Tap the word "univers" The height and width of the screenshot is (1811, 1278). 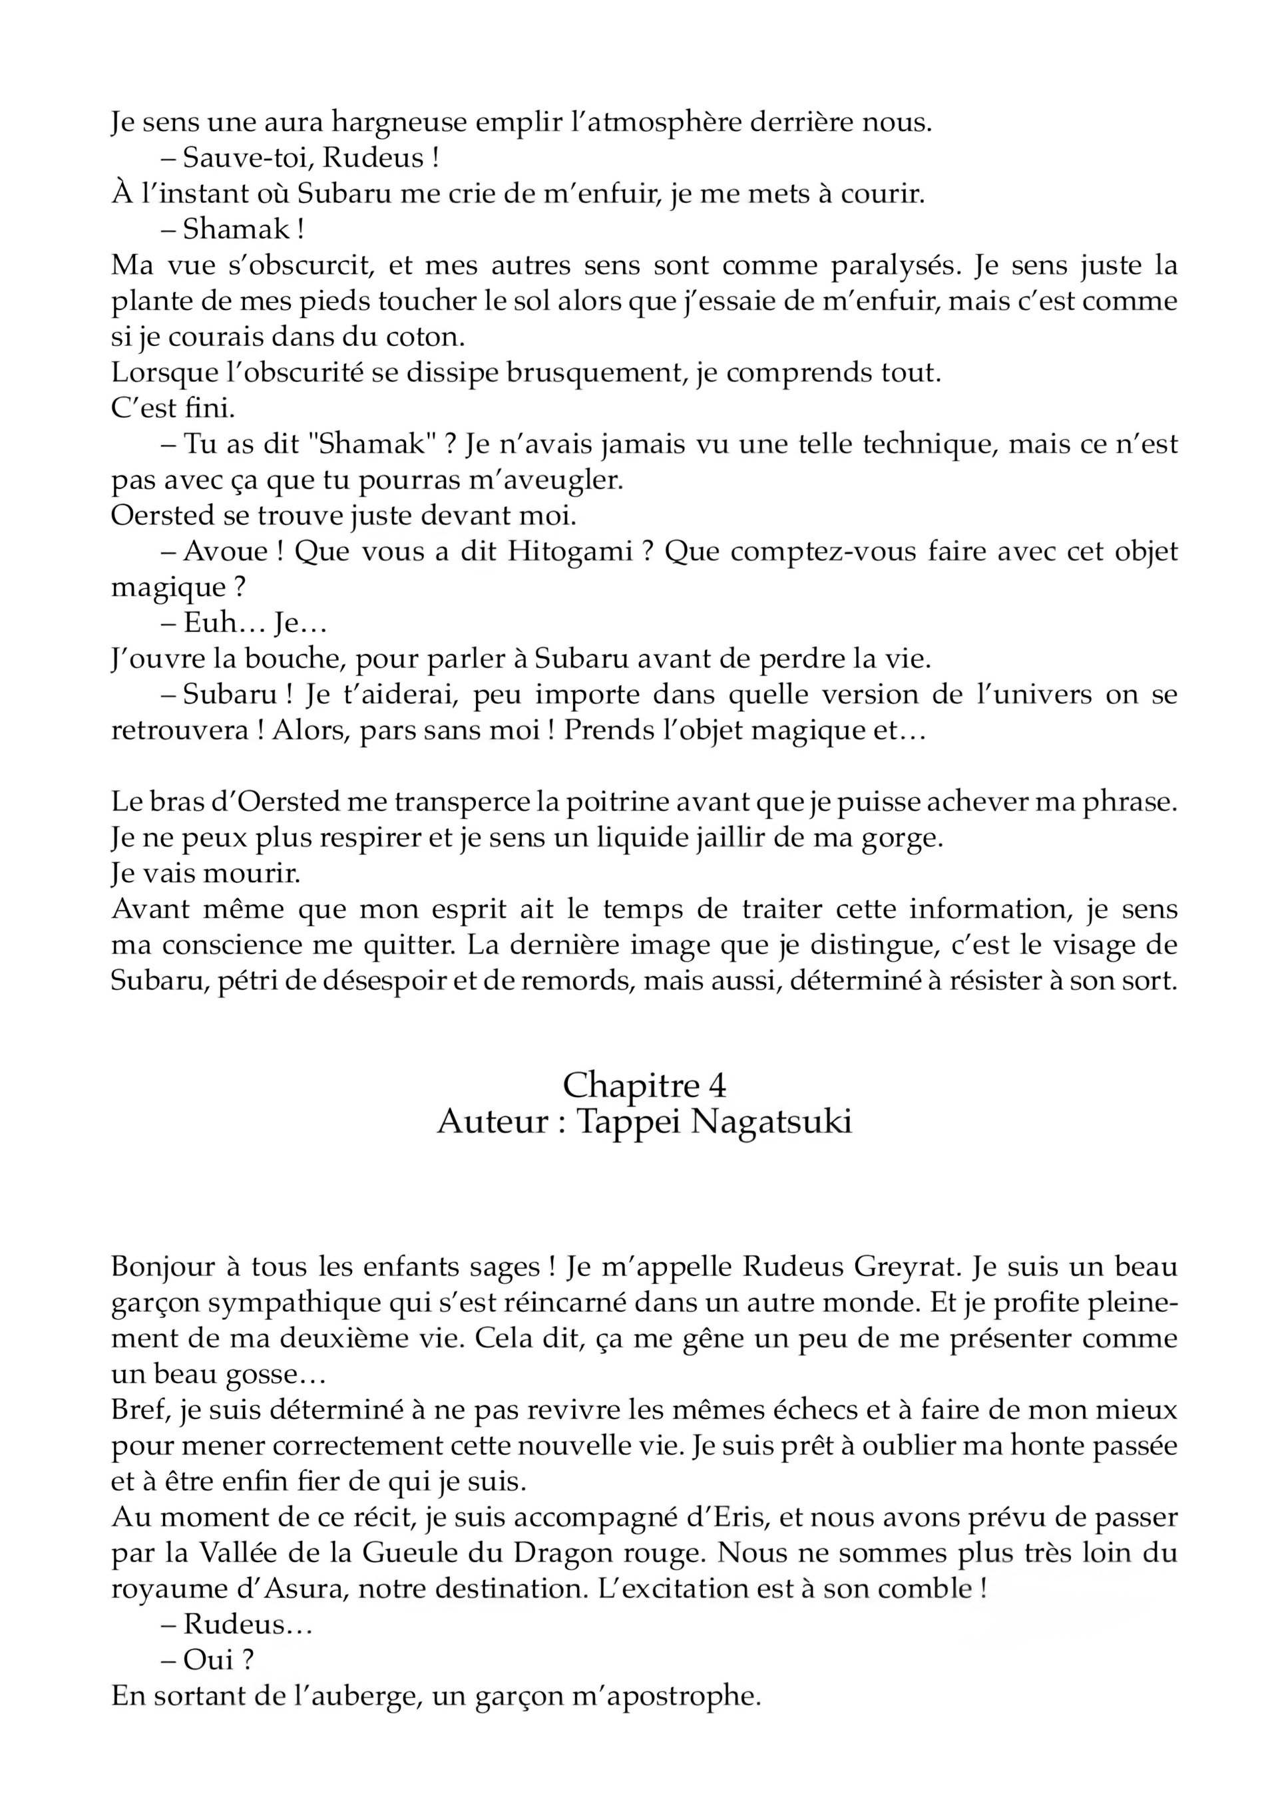pos(1030,695)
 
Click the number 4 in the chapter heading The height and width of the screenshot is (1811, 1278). pos(717,1086)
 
